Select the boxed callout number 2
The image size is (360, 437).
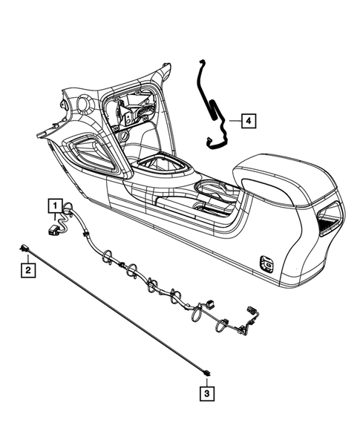[x=27, y=271]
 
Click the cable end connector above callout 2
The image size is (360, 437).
[x=26, y=250]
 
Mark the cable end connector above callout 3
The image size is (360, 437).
[x=207, y=370]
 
